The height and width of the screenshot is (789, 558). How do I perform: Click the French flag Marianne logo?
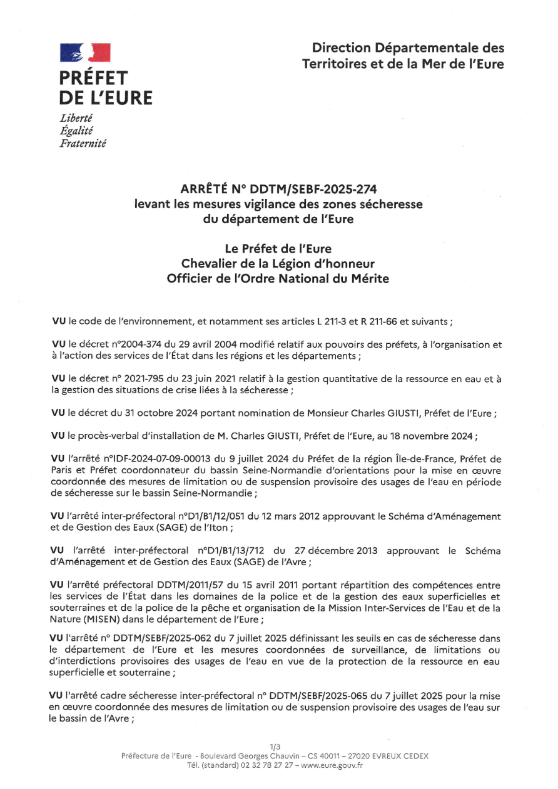point(85,53)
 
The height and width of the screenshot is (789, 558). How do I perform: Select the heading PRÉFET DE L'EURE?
point(105,88)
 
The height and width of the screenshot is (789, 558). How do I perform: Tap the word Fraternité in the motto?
point(83,144)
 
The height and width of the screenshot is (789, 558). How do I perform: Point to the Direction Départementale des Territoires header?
point(403,56)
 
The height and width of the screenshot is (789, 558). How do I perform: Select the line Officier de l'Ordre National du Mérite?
point(278,279)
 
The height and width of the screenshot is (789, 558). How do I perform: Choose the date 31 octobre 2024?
point(153,413)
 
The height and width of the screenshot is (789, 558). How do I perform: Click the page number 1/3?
point(275,746)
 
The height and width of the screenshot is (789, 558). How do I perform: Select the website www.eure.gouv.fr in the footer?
point(332,765)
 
